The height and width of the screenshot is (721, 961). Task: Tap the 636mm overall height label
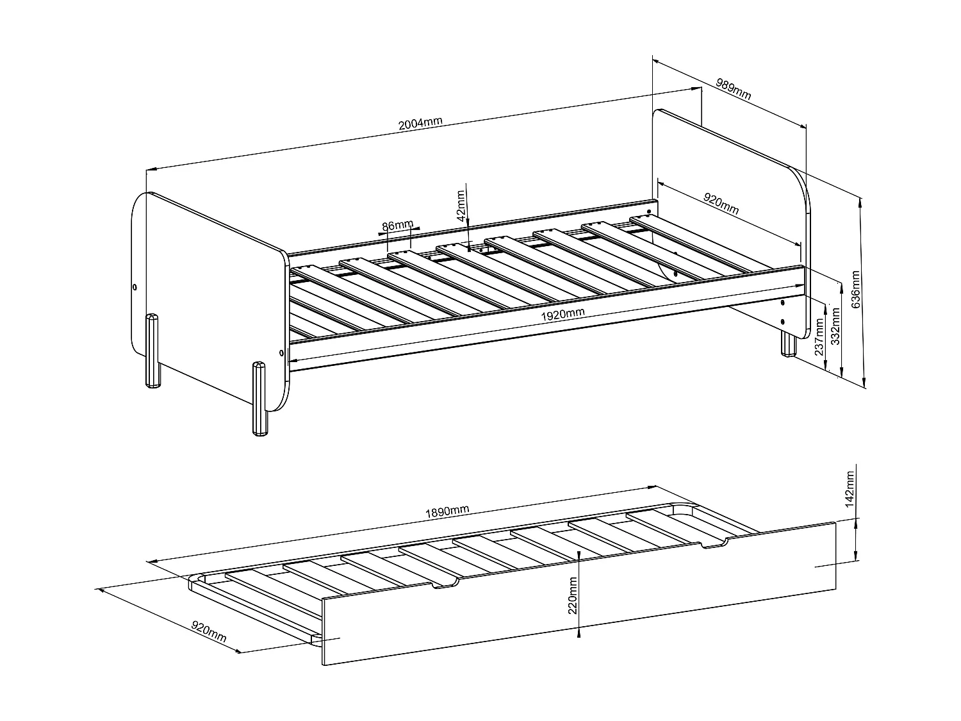(x=856, y=289)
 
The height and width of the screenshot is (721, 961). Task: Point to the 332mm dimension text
(x=835, y=326)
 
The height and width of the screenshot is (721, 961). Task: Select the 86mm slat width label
(x=397, y=226)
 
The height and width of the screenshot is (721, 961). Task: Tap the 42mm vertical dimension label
(x=460, y=206)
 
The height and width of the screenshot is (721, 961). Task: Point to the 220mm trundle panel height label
(x=573, y=595)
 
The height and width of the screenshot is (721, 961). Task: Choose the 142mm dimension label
(x=850, y=490)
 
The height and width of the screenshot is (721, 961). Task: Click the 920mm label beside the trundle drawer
(x=209, y=631)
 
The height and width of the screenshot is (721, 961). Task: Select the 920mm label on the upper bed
(x=721, y=204)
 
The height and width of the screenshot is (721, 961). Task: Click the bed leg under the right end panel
(x=788, y=343)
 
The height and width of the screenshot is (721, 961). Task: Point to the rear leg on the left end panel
(x=152, y=351)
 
